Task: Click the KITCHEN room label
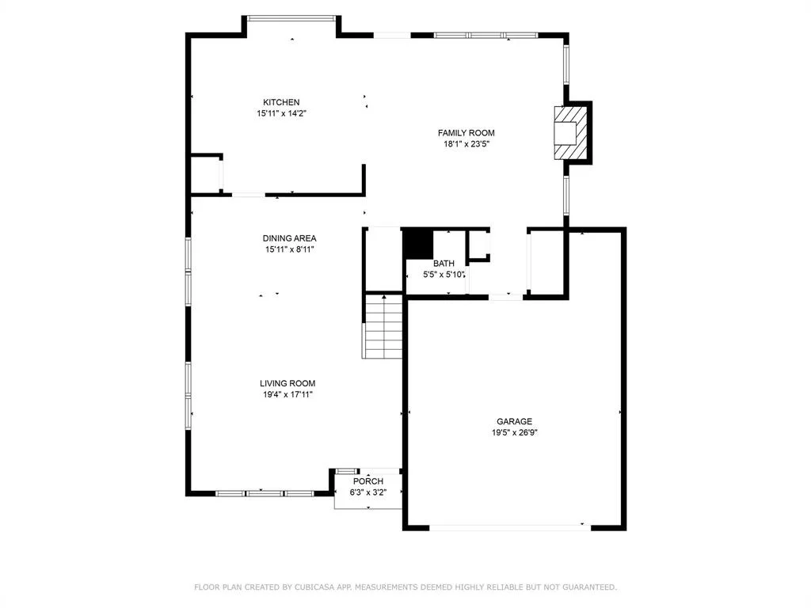point(281,102)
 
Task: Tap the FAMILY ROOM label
point(466,133)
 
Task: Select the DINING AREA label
point(290,238)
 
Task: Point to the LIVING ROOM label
point(287,384)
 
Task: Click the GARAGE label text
point(514,422)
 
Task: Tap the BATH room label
point(444,264)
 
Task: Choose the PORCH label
point(368,481)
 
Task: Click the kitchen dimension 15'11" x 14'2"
point(282,113)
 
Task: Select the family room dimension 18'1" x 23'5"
point(466,144)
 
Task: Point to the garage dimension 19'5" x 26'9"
point(515,433)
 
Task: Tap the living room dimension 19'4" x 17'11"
point(288,394)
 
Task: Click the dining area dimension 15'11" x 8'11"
point(290,249)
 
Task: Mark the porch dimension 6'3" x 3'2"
point(368,492)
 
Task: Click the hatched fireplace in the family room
point(571,132)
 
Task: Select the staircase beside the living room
point(383,326)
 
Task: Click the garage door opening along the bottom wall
point(510,527)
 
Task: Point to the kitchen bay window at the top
point(291,18)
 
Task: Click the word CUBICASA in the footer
point(314,587)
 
